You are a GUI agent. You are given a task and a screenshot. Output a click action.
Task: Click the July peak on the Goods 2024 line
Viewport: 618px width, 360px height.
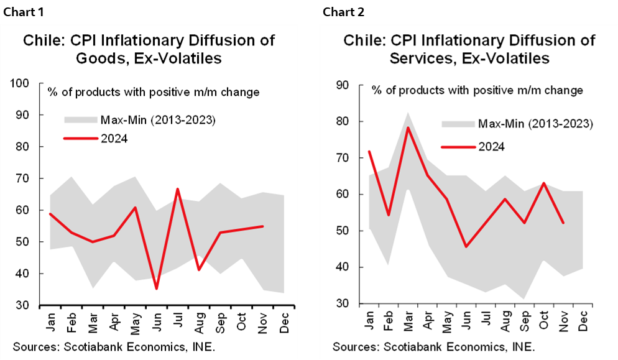[178, 189]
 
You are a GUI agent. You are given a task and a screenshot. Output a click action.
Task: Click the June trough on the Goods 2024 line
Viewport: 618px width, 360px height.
[156, 288]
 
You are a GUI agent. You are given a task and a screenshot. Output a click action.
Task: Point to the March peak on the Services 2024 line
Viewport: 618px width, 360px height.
[408, 127]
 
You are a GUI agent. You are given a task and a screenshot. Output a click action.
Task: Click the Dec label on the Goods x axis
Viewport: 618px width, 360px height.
[284, 321]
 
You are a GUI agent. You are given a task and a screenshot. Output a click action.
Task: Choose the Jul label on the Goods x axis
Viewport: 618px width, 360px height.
[178, 320]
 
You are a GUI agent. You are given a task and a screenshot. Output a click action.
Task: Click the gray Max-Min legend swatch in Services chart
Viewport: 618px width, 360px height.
[458, 124]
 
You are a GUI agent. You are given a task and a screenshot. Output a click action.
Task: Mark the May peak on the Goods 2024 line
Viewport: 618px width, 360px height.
[134, 208]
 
